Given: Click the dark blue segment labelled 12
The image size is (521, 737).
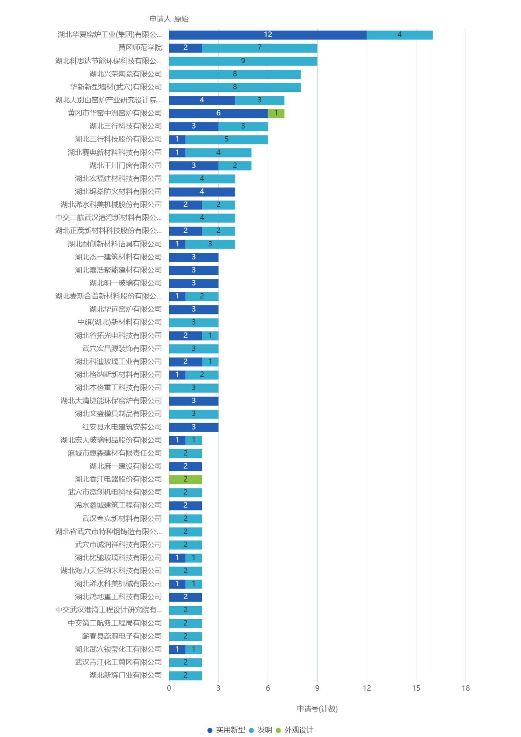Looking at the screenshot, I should coord(268,35).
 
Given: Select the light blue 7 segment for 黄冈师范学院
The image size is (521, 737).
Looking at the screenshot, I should coord(259,48).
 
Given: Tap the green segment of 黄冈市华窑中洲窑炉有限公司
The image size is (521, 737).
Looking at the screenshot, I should coord(276,113).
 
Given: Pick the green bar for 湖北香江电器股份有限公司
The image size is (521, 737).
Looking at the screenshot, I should coord(185,479).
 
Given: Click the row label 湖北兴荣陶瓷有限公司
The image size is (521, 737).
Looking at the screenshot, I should coord(125,74).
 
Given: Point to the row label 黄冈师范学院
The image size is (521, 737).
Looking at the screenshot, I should coord(140,48).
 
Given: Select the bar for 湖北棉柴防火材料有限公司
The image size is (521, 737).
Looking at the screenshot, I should coord(202,192).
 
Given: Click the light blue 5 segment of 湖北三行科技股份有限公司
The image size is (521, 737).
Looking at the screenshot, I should coord(227,139).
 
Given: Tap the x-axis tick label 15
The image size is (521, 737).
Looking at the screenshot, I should coord(416,688).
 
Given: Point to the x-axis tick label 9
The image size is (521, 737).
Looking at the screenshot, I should coord(317,688).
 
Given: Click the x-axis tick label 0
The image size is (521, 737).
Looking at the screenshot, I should coord(169,688).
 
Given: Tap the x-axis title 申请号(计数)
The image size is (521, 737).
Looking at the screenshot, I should coord(317,709).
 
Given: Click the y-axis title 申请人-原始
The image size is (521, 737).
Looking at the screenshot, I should coord(169,19).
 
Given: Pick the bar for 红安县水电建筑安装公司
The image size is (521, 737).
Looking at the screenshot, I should coord(193,427).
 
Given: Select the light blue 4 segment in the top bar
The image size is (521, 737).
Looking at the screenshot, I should coord(400,35).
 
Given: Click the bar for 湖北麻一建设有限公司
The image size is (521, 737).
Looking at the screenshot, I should coord(185,466).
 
